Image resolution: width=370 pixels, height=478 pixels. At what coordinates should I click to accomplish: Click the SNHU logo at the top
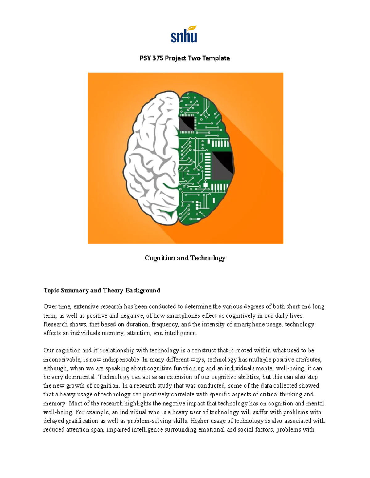tap(184, 34)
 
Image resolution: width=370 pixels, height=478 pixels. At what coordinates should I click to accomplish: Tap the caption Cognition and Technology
tap(185, 258)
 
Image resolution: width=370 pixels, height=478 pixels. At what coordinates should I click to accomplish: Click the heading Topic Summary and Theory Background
tap(102, 290)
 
